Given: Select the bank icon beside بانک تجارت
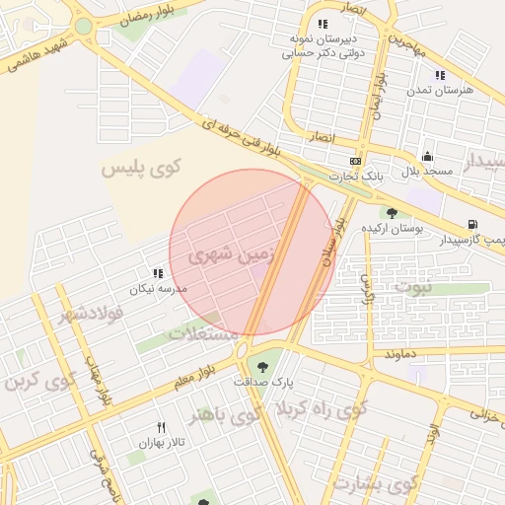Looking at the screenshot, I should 356,161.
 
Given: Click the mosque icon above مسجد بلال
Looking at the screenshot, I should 426,156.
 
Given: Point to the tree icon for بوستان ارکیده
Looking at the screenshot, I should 392,212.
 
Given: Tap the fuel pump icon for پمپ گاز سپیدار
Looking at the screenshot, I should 473,224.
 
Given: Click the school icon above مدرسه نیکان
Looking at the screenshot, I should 158,274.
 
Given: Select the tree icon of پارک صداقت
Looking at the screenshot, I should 262,367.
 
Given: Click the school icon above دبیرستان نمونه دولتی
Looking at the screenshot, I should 322,24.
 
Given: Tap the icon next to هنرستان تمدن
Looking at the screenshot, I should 440,75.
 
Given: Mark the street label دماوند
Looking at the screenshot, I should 406,352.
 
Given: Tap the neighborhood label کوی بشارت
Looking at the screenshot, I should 375,484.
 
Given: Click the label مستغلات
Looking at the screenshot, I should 205,333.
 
